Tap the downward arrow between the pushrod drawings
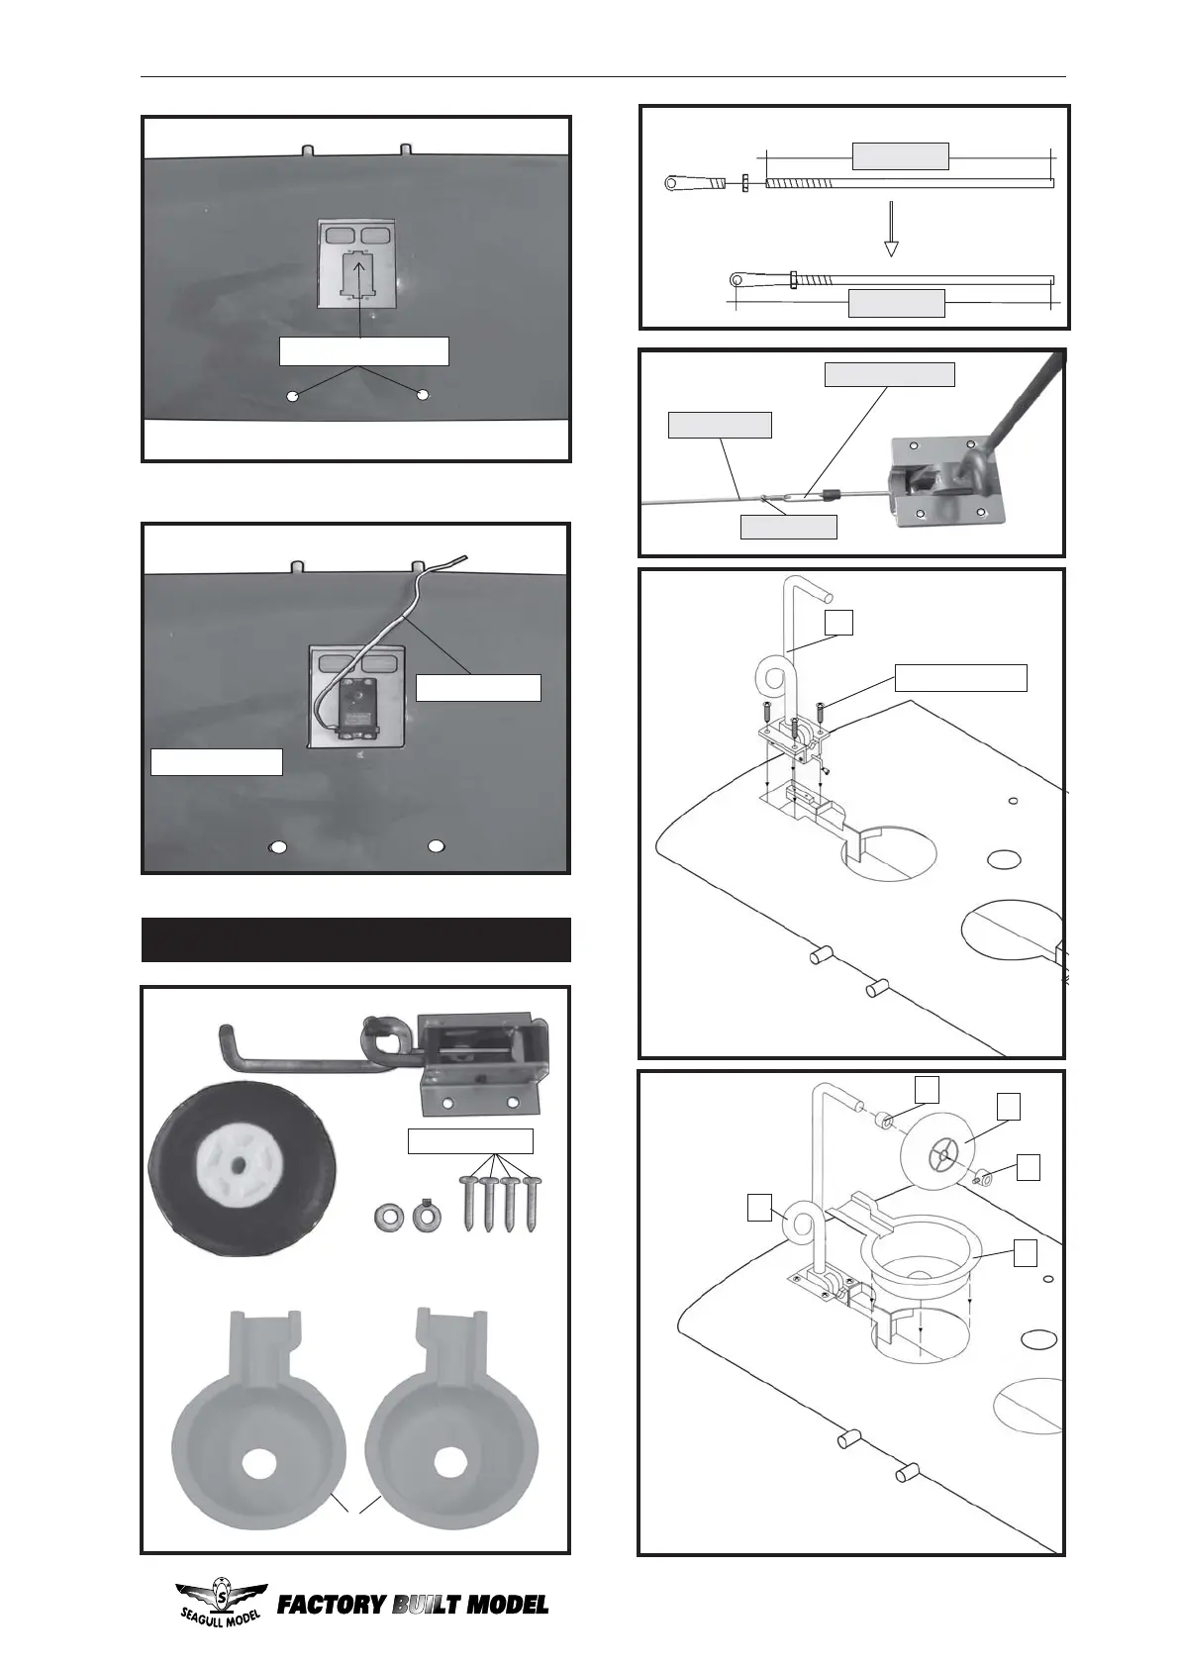(x=891, y=229)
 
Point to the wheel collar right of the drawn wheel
(x=984, y=1176)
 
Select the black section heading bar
(x=356, y=939)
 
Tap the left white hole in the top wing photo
(x=292, y=396)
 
